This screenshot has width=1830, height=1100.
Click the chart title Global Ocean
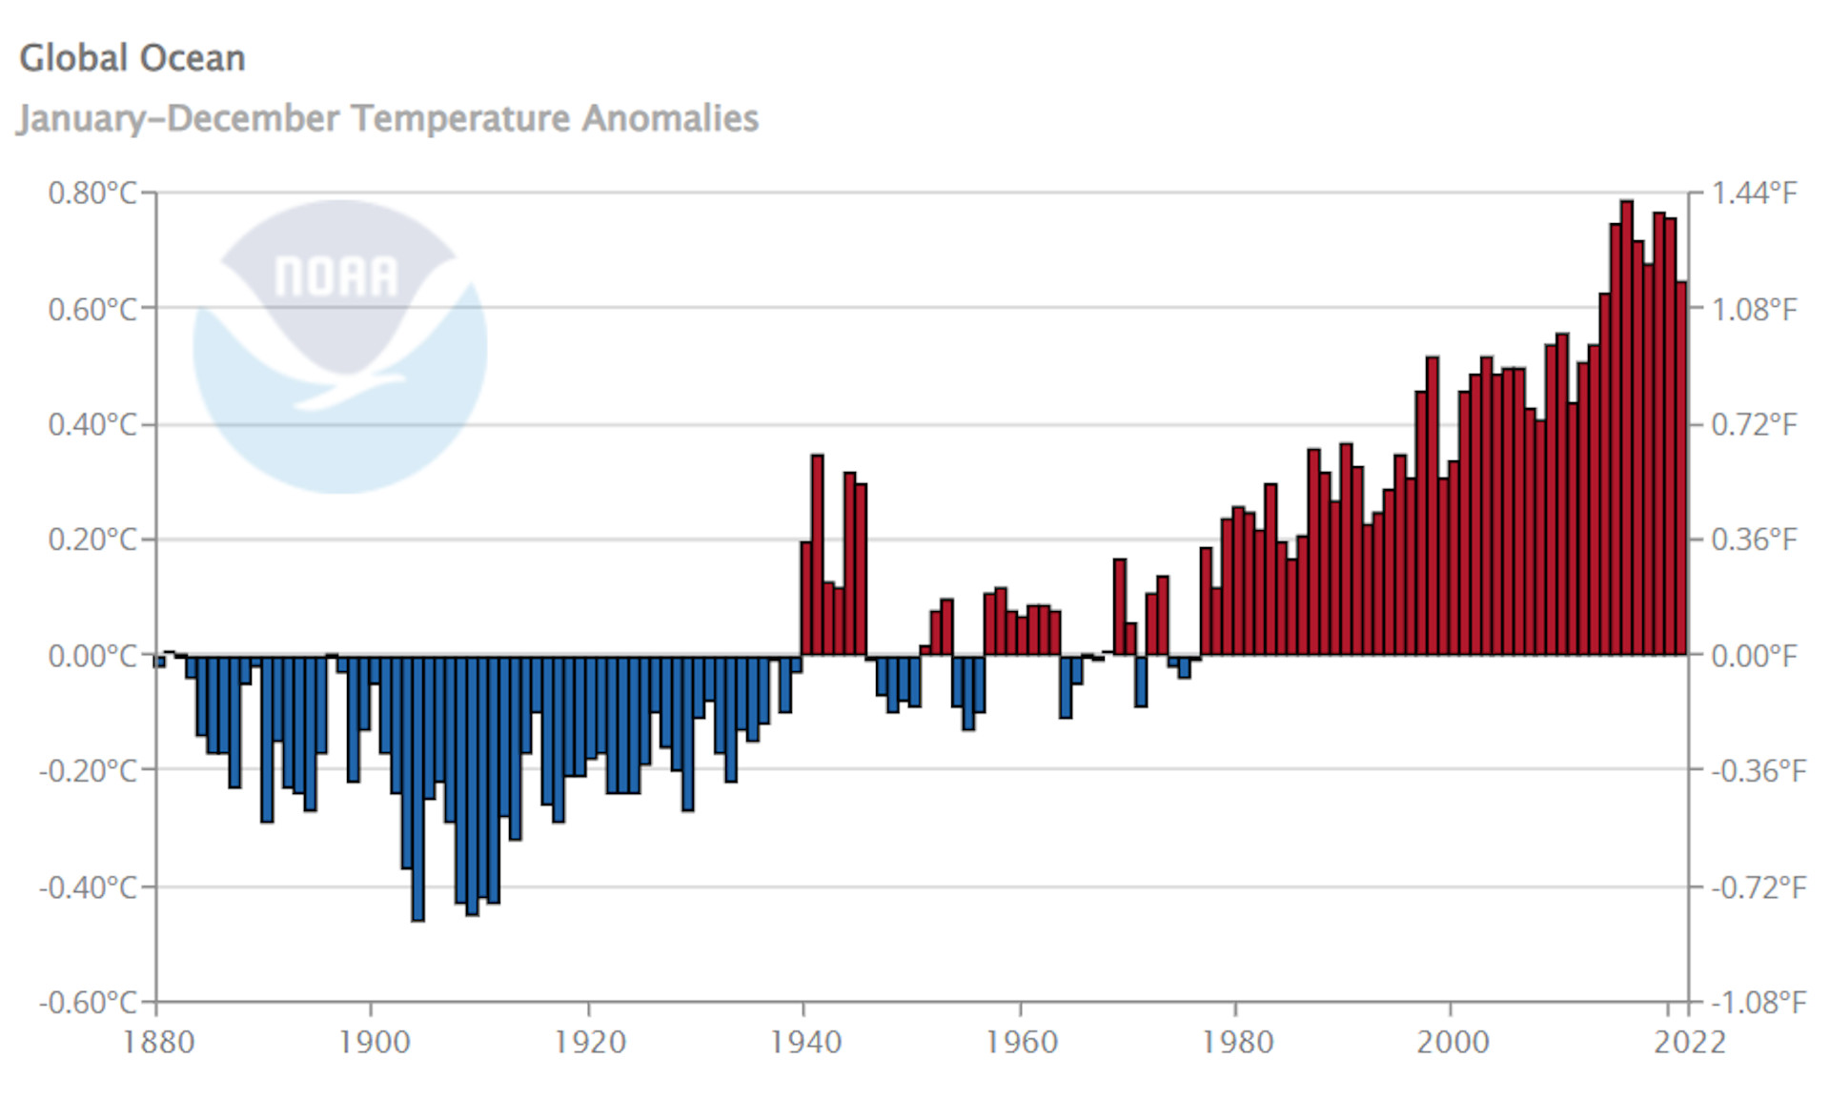click(132, 58)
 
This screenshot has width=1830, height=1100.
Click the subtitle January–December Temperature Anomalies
click(388, 118)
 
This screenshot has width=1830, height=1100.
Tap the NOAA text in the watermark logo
click(335, 276)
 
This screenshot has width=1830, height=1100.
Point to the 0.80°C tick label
click(92, 194)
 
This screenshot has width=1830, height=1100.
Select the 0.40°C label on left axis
click(92, 424)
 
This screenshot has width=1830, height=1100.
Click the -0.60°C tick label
click(89, 1002)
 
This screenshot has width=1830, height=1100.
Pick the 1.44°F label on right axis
click(1754, 194)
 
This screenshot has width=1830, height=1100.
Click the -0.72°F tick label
click(1758, 887)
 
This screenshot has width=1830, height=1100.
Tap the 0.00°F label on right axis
click(1754, 656)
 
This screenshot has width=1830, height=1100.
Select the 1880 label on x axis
click(158, 1042)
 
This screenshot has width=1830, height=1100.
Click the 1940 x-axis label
click(805, 1042)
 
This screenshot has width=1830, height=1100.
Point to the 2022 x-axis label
click(1689, 1042)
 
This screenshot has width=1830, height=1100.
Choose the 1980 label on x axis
click(1237, 1042)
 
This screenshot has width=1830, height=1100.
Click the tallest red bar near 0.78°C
click(1627, 429)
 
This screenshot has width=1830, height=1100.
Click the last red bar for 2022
click(1681, 467)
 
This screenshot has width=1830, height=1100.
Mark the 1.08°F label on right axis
click(1754, 309)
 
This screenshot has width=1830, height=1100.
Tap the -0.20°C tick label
click(89, 770)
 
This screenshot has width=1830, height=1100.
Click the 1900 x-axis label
click(374, 1042)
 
